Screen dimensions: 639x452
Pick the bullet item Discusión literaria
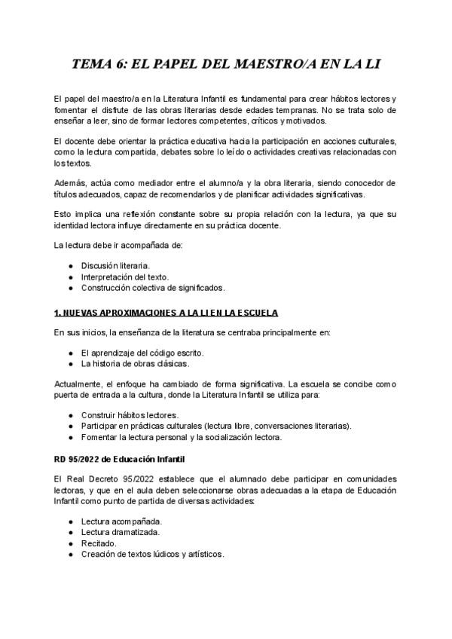click(115, 265)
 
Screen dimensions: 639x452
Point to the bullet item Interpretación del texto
click(125, 277)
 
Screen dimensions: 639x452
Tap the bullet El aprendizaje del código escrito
click(142, 352)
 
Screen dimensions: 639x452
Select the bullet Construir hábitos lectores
click(130, 414)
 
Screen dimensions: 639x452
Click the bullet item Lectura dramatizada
click(121, 532)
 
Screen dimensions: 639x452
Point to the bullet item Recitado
click(99, 543)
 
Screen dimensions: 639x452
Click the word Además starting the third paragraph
click(70, 182)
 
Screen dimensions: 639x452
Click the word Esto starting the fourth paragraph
click(64, 214)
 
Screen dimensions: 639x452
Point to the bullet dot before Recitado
click(71, 543)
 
